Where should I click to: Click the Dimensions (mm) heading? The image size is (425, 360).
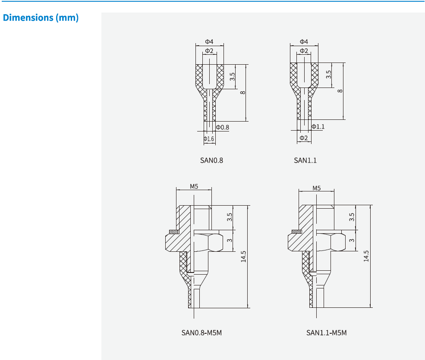(41, 18)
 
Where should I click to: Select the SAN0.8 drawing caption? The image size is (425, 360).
(211, 160)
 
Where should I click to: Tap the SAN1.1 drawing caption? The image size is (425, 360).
(305, 160)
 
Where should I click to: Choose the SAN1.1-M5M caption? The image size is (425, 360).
(327, 333)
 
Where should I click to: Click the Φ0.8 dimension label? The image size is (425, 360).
(223, 128)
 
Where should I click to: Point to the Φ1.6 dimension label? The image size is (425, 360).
(209, 139)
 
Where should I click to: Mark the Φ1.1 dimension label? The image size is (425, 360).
(318, 126)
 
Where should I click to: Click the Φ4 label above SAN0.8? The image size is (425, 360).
(209, 42)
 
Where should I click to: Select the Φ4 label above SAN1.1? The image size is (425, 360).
(304, 42)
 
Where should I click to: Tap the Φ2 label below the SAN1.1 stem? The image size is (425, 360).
(304, 138)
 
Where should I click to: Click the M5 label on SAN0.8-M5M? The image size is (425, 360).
(194, 187)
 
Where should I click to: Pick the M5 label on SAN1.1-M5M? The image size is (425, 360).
(317, 188)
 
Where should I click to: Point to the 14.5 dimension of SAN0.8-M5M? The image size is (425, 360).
(244, 257)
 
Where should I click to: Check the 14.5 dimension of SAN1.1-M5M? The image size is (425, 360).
(366, 256)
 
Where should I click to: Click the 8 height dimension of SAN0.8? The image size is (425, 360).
(243, 93)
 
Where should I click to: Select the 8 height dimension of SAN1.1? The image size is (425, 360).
(340, 91)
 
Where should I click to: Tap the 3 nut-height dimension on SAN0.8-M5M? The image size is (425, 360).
(230, 241)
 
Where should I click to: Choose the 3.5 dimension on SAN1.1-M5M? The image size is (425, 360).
(352, 217)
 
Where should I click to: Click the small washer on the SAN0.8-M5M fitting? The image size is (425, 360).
(173, 232)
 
